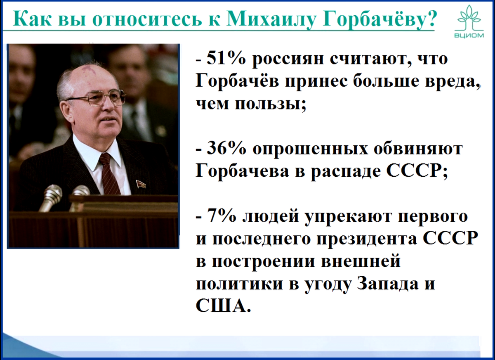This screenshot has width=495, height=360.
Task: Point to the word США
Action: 221,306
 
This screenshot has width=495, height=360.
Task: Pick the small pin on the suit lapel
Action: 140,183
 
